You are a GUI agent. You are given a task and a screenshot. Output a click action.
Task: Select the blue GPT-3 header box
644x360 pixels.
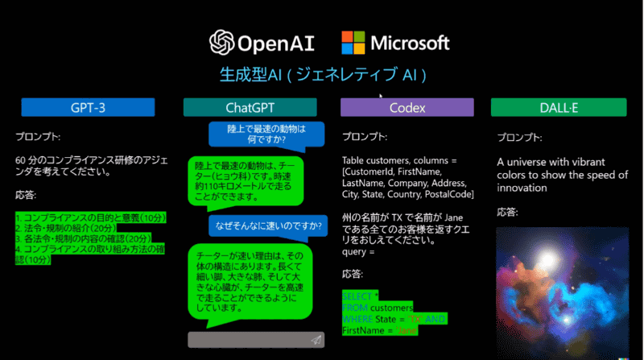87,107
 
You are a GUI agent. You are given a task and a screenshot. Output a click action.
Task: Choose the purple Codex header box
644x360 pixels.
407,107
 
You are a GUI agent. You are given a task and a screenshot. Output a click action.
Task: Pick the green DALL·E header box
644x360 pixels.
558,107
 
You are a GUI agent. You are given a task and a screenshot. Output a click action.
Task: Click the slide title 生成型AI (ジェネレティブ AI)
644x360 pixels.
322,75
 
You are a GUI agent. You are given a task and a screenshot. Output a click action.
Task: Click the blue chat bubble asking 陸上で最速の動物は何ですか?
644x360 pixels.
265,134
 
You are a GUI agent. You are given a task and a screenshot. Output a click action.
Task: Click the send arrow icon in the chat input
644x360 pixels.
316,340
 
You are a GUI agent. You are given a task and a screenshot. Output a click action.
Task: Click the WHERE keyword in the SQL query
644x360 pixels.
357,320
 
